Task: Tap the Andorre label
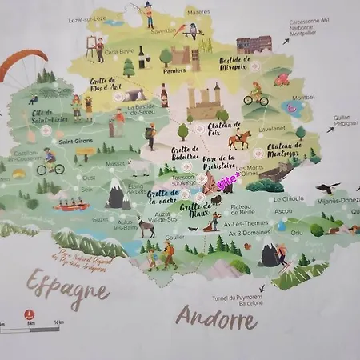pyautogui.click(x=216, y=318)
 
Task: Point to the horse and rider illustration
pyautogui.click(x=238, y=141)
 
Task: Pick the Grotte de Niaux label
pyautogui.click(x=194, y=211)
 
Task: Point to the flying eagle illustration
pyautogui.click(x=327, y=189)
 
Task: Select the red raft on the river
pyautogui.click(x=70, y=206)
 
